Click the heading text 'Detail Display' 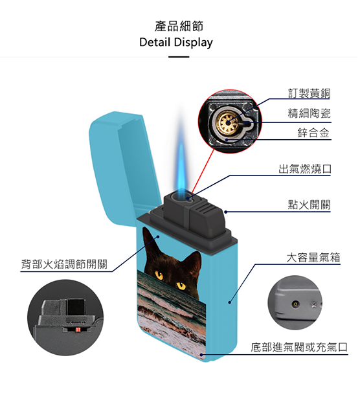tap(176, 42)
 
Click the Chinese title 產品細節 tap(179, 26)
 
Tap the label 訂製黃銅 tap(309, 93)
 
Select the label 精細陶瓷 tap(309, 113)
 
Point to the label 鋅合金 tap(313, 133)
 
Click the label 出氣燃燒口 tap(304, 168)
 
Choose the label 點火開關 tap(309, 205)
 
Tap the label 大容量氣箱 tap(313, 258)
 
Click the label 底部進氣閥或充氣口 tap(299, 347)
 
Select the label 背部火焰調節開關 tap(64, 264)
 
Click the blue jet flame tap(181, 161)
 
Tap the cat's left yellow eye tap(159, 275)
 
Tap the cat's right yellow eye tap(181, 286)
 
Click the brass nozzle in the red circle tap(227, 122)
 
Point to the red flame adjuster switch tap(78, 330)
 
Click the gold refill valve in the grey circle tap(295, 304)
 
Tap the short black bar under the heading tap(179, 57)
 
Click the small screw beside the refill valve tap(313, 305)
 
